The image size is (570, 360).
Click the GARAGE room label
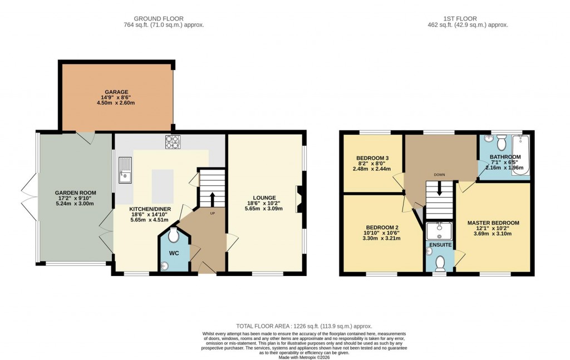click(x=116, y=92)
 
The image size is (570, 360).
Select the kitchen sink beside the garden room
click(x=125, y=170)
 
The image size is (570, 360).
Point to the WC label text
click(x=174, y=254)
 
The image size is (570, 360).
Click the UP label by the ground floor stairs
click(x=213, y=213)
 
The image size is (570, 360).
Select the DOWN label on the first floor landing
click(x=440, y=174)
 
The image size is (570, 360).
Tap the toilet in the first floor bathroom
click(x=500, y=144)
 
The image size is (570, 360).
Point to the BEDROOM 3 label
click(x=372, y=158)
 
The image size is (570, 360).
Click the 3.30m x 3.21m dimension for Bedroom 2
click(x=382, y=238)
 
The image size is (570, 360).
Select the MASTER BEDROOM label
click(x=493, y=223)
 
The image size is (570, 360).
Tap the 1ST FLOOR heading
click(x=466, y=18)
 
